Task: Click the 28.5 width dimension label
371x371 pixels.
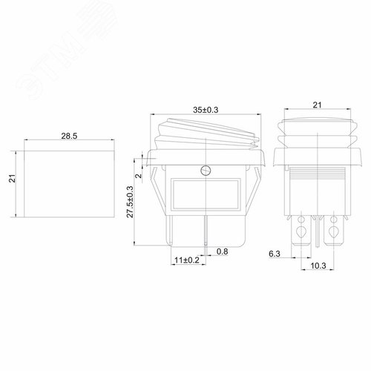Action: [x=69, y=136]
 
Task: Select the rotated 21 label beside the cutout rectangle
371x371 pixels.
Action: [x=12, y=178]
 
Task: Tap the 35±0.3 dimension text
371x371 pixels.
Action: [x=206, y=110]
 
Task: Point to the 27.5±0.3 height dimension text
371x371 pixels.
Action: [x=130, y=202]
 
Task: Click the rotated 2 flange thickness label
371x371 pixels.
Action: [x=139, y=176]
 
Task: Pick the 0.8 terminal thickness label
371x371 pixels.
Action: [x=222, y=252]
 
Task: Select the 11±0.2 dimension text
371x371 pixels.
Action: [x=187, y=260]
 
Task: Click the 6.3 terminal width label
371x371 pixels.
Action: [x=275, y=254]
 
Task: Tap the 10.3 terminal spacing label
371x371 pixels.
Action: [x=318, y=266]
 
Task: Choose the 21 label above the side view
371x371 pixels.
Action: [x=318, y=105]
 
